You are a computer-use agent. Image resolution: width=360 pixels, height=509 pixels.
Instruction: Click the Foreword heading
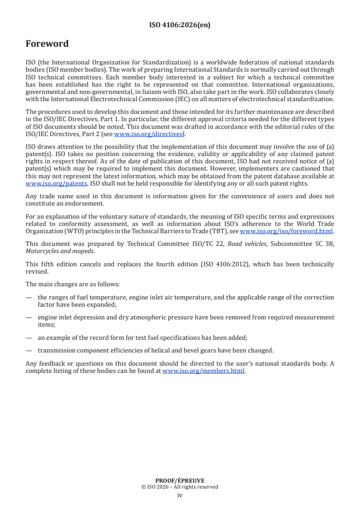(47, 44)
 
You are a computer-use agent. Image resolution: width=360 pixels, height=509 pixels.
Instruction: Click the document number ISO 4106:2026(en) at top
(180, 25)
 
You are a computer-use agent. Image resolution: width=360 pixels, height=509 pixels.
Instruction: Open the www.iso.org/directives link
(148, 134)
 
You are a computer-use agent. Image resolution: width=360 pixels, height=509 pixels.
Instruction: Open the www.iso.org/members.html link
(203, 371)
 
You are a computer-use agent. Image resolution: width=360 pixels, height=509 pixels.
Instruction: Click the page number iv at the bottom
(180, 495)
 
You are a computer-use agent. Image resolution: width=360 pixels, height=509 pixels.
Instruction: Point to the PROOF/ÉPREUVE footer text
(180, 481)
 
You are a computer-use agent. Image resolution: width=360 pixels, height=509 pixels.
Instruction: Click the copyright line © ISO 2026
(180, 487)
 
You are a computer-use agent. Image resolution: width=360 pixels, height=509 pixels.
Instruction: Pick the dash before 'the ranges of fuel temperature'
(29, 298)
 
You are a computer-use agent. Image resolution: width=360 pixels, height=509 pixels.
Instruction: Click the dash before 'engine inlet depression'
(29, 318)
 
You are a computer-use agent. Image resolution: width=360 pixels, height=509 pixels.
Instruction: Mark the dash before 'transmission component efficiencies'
(29, 350)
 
